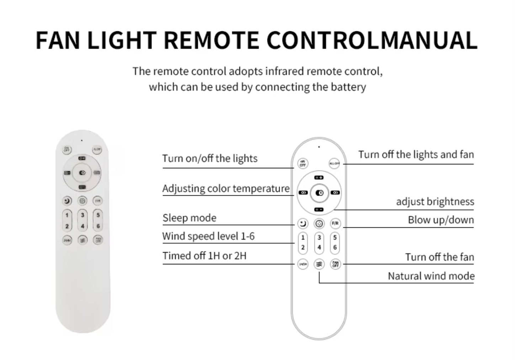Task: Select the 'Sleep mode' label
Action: point(189,218)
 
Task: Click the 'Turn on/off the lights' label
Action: point(210,158)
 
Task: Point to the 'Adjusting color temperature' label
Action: point(226,189)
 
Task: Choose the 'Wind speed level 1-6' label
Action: point(208,236)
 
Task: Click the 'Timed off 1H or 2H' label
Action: point(205,256)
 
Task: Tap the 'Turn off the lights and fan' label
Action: point(416,154)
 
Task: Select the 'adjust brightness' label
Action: point(435,202)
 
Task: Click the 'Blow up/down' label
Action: point(441,220)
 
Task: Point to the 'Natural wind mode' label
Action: point(431,276)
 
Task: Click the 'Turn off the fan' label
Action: point(440,257)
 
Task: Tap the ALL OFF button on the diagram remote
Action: point(334,164)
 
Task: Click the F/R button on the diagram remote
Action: point(335,223)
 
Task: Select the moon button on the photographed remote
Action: point(67,201)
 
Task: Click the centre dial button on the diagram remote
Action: point(319,193)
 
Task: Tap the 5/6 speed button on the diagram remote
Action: point(335,243)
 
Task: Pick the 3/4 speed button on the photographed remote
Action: point(83,220)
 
